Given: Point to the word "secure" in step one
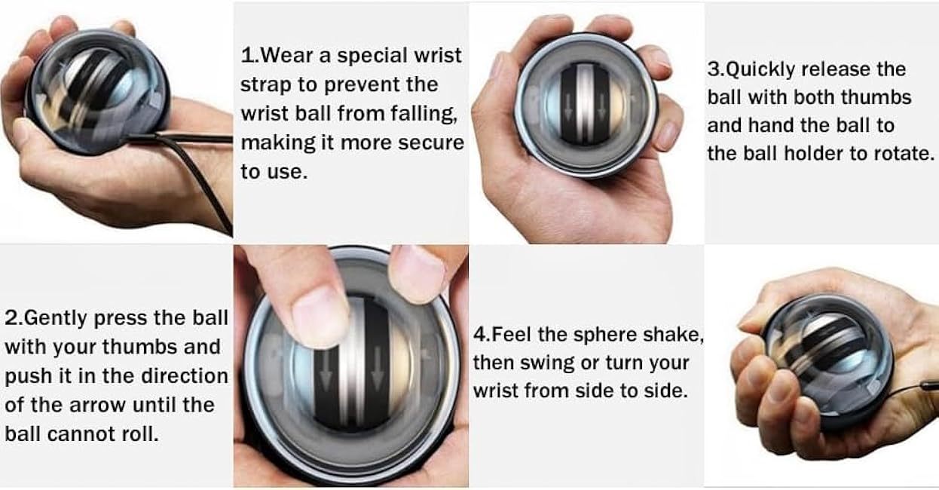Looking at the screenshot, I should tap(430, 142).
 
